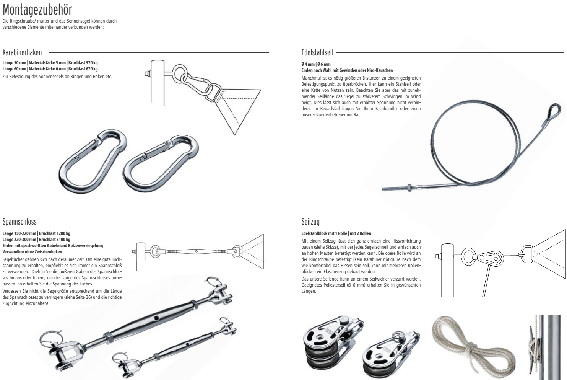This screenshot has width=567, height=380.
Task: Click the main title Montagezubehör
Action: pos(37,10)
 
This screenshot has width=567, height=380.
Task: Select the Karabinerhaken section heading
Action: pos(22,53)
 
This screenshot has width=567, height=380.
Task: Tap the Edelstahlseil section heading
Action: pos(317,53)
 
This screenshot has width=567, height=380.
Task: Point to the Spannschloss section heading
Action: pos(19,222)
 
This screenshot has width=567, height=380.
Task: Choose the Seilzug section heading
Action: pos(310,222)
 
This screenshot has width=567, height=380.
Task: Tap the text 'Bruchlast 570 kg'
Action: pos(83,63)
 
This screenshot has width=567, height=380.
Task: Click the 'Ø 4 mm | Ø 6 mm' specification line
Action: pos(316,64)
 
